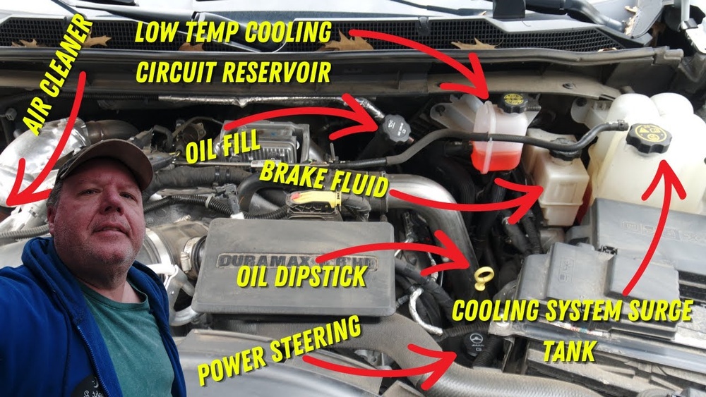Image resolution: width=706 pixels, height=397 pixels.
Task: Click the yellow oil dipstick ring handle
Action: pyautogui.click(x=484, y=274)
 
